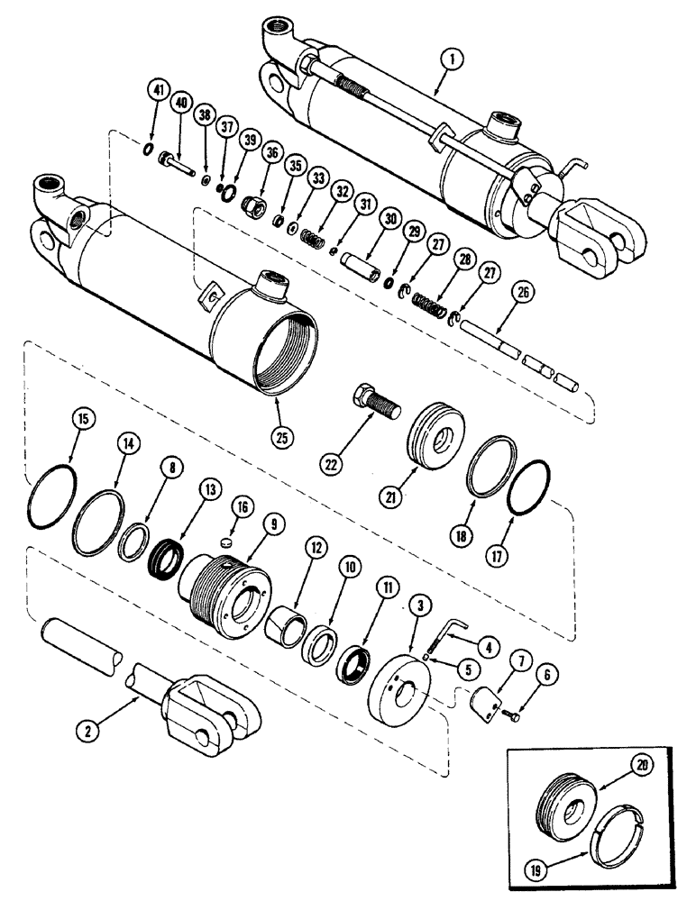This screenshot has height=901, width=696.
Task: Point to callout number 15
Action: click(82, 420)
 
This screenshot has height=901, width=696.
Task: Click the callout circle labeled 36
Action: click(270, 154)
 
